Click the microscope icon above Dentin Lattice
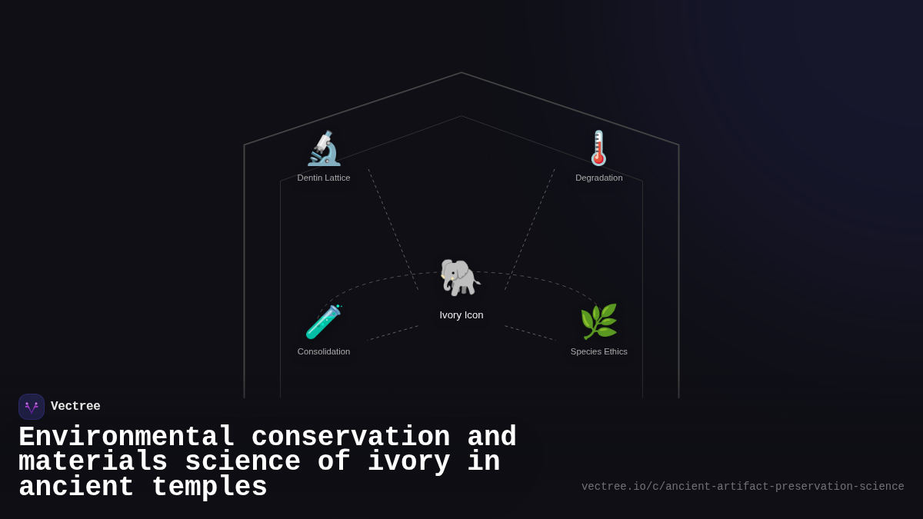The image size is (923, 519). [324, 148]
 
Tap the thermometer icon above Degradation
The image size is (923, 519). [598, 148]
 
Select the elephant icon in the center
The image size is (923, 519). [460, 278]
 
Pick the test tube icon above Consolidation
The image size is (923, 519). [323, 322]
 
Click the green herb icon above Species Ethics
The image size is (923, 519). [598, 321]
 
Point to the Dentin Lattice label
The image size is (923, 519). [324, 178]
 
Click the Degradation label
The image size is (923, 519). [599, 178]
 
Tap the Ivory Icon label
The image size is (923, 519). [461, 314]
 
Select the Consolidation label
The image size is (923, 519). [324, 351]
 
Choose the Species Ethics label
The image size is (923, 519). [599, 351]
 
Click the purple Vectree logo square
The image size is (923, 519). [32, 407]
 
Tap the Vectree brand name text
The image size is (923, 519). [75, 407]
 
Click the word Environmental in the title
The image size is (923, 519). [126, 437]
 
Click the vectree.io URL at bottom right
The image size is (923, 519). [742, 487]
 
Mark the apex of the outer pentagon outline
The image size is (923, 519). [461, 73]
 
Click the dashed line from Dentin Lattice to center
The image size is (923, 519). [393, 229]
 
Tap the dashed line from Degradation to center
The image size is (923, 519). [529, 229]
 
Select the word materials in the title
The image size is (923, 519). [93, 462]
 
